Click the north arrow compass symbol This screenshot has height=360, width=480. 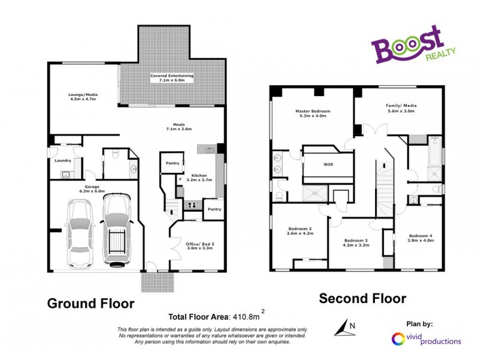coord(344,328)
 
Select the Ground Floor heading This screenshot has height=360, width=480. coord(91,303)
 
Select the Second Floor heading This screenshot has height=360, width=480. coord(362,298)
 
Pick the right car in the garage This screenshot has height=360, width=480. coord(117,229)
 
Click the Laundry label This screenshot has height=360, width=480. coord(63,160)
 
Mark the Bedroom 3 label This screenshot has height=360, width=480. coord(355,242)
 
